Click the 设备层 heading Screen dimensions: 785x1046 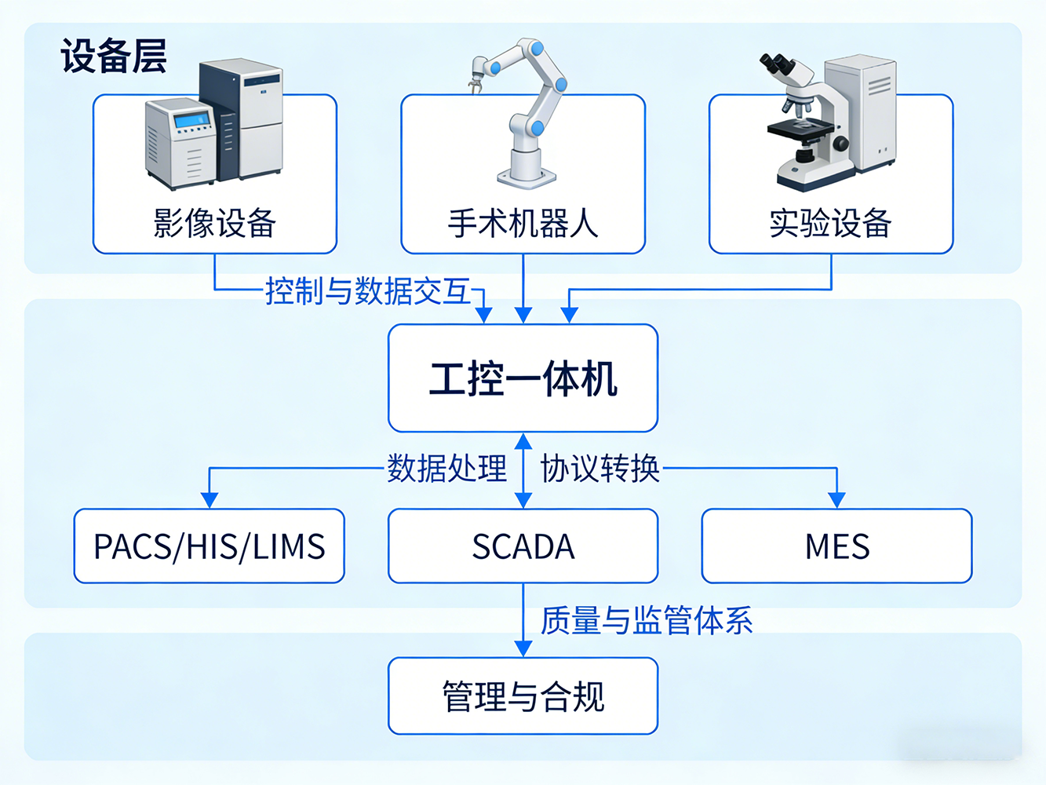coord(114,57)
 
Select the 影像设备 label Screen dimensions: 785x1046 coord(214,224)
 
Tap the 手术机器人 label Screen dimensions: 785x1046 coord(523,224)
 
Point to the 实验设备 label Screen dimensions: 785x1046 coord(830,224)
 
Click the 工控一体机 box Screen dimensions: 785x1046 coord(523,378)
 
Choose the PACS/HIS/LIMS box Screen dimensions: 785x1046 coord(209,546)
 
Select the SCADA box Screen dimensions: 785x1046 coord(523,546)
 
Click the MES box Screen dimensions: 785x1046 coord(836,546)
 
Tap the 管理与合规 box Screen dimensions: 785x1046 coord(523,696)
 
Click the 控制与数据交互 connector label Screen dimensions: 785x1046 coord(367,291)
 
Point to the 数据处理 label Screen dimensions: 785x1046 coord(446,469)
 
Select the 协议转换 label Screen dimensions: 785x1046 coord(600,469)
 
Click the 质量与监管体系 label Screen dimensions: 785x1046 coord(647,621)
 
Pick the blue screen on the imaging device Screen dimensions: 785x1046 coord(191,120)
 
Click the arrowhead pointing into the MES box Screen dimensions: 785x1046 coord(836,500)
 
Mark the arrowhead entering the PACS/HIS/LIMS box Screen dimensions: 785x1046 coord(209,500)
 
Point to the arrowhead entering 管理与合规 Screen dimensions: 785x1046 coord(523,648)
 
